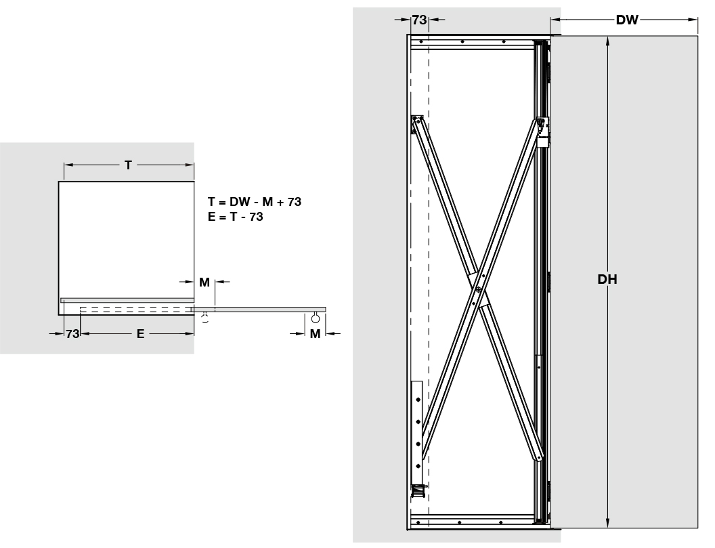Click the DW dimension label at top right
(x=627, y=20)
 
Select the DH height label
(x=607, y=279)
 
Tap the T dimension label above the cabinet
(x=128, y=165)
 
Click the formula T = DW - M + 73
(x=255, y=202)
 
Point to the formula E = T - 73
(x=236, y=217)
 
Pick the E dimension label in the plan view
(x=140, y=334)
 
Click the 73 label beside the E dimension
(x=72, y=334)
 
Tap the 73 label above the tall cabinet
(x=419, y=20)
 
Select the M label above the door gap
(x=204, y=282)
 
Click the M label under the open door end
(x=315, y=334)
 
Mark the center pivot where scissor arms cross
(x=478, y=289)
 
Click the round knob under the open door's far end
(x=316, y=318)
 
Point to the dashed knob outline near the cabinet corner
(x=205, y=318)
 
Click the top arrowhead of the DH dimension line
(x=607, y=41)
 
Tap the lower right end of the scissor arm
(x=539, y=457)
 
